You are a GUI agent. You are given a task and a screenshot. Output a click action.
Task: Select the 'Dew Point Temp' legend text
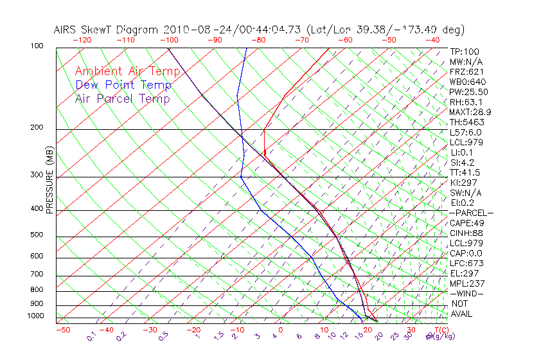(x=123, y=85)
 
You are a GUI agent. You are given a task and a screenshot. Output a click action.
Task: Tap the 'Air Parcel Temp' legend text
(x=123, y=98)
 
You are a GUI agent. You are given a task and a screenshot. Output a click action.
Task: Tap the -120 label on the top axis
(x=82, y=40)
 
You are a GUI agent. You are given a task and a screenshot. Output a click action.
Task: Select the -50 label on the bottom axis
(x=62, y=330)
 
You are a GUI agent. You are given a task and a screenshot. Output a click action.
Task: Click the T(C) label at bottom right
(x=440, y=330)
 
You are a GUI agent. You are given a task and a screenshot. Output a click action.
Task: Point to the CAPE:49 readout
(x=466, y=222)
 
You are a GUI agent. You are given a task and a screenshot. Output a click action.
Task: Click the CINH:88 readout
(x=466, y=233)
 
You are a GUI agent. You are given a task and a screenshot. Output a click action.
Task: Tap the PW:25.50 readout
(x=468, y=92)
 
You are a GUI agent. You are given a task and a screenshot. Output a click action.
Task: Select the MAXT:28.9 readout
(x=470, y=112)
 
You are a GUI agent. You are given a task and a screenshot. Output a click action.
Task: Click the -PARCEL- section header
(x=471, y=213)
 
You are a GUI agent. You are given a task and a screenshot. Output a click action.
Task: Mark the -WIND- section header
(x=466, y=293)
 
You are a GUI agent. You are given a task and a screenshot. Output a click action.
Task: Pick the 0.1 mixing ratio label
(x=91, y=336)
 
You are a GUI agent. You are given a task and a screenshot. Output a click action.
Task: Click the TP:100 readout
(x=464, y=51)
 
